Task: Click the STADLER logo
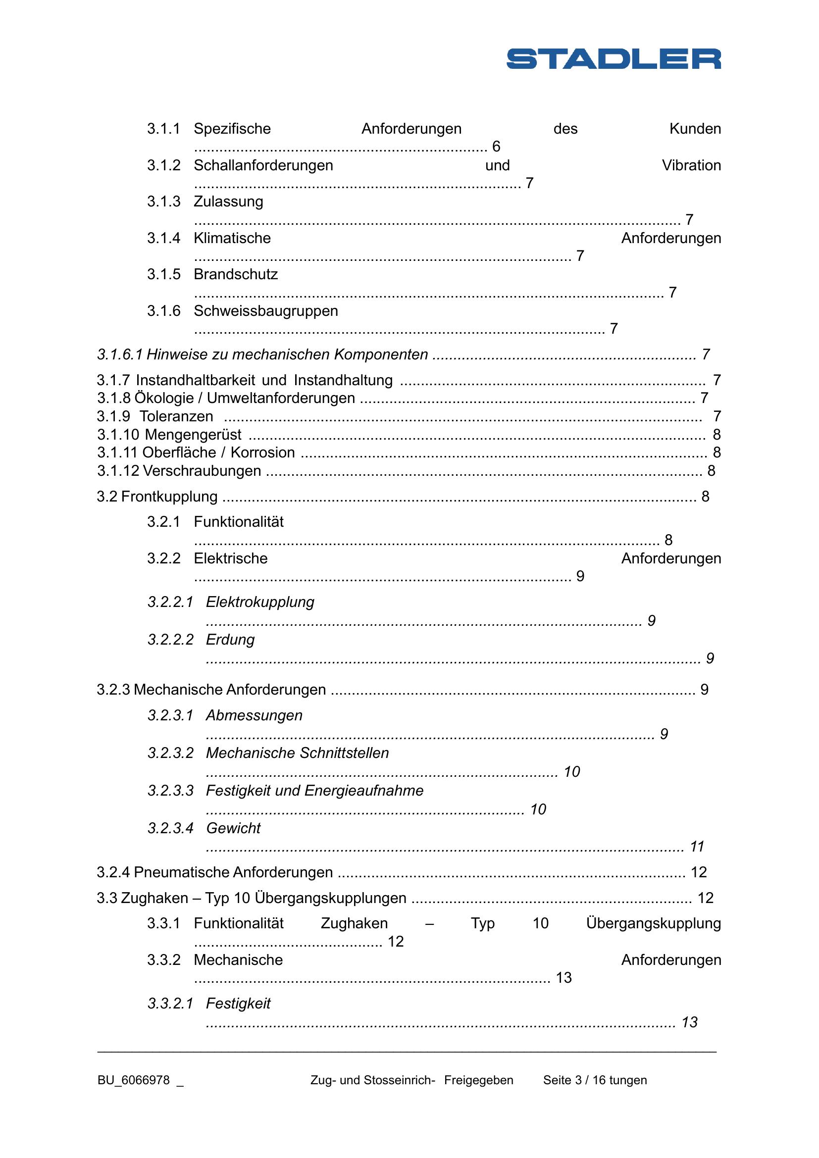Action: click(x=613, y=58)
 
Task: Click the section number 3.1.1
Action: click(x=163, y=129)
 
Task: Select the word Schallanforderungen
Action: click(x=263, y=165)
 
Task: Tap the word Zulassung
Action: click(x=228, y=201)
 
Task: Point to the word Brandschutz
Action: click(x=236, y=274)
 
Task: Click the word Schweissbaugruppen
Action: click(x=266, y=311)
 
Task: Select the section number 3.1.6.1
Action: click(x=119, y=354)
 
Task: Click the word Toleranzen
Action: click(x=176, y=416)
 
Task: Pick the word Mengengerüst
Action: click(x=193, y=434)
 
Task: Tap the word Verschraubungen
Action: click(x=202, y=470)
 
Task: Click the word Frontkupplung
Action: click(x=169, y=496)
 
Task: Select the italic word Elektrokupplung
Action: click(x=260, y=602)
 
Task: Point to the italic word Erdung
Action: click(x=230, y=640)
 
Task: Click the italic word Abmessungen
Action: click(x=254, y=715)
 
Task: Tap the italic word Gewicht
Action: click(x=233, y=828)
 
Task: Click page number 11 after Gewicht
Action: click(x=697, y=846)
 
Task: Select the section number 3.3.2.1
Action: click(x=170, y=1004)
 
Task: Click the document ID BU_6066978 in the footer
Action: click(x=134, y=1080)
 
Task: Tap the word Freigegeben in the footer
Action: click(x=479, y=1080)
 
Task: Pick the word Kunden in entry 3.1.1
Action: click(x=695, y=129)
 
